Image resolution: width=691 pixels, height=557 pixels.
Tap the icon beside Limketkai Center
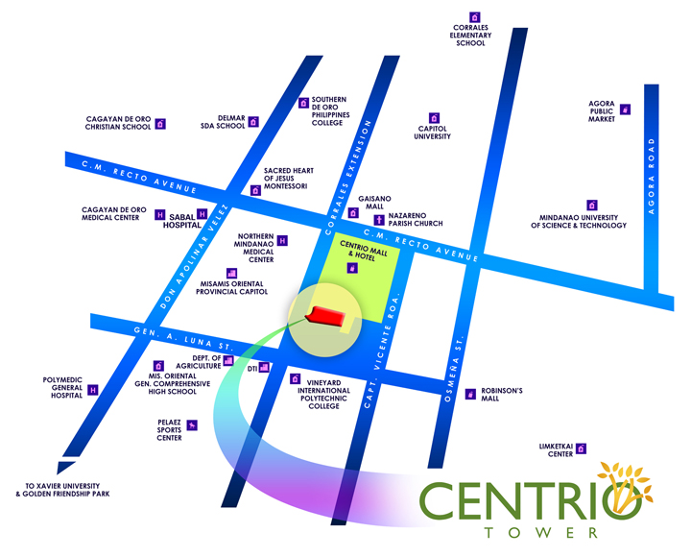tap(581, 448)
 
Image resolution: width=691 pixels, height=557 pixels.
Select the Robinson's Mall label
tap(502, 395)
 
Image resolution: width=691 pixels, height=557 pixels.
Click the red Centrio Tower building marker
tap(324, 317)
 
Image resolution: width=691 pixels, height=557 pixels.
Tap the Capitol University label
tap(433, 133)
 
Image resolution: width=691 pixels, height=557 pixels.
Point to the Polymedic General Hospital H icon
tap(93, 390)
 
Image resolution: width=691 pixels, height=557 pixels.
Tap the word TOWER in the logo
tap(534, 531)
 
